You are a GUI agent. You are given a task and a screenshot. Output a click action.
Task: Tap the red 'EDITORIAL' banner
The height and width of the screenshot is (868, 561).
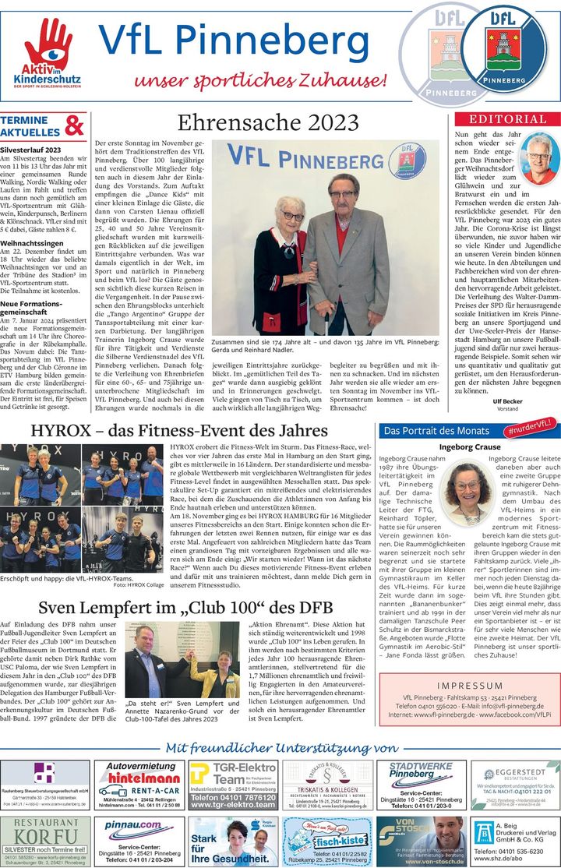(507, 119)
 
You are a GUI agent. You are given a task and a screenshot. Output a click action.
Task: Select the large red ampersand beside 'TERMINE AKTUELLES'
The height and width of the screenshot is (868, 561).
(74, 125)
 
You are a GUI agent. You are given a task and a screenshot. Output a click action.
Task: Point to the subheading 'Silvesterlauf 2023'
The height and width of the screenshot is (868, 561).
(31, 149)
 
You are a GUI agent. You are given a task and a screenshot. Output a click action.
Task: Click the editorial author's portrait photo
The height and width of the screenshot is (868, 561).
(538, 158)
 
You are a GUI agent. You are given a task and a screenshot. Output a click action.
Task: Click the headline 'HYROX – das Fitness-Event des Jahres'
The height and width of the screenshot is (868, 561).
(179, 431)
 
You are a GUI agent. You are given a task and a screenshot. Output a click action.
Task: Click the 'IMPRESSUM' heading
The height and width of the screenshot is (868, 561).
(469, 686)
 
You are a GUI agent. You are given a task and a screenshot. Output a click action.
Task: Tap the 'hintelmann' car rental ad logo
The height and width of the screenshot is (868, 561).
(138, 778)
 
